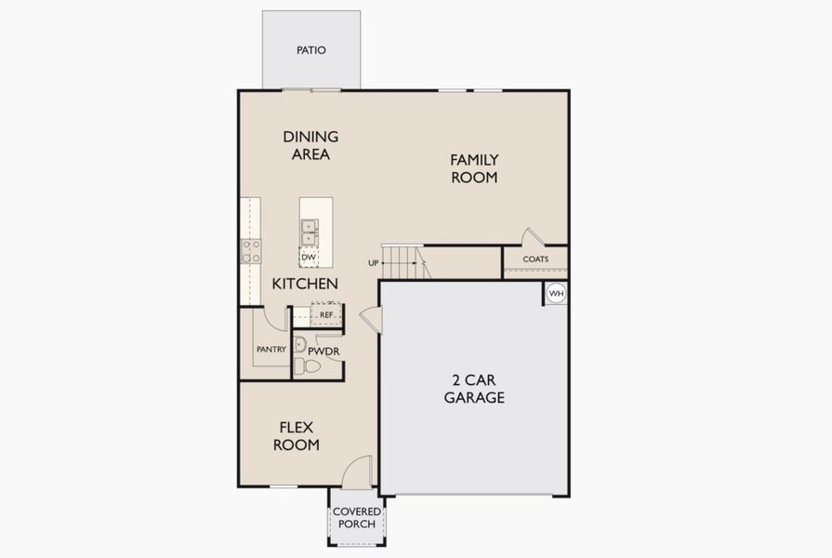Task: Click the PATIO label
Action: (x=311, y=50)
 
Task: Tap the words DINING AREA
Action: (x=310, y=145)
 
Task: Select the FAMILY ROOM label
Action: (x=474, y=168)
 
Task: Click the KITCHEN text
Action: (x=305, y=284)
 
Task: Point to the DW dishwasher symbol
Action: (x=309, y=256)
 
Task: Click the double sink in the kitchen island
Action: (x=309, y=231)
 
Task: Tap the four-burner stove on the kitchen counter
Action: (x=251, y=251)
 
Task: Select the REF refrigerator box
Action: (x=326, y=315)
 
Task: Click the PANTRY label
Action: (x=271, y=350)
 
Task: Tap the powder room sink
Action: (x=300, y=344)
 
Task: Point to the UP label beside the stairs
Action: (x=374, y=263)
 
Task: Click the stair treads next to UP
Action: (x=403, y=262)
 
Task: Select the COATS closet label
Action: (x=535, y=259)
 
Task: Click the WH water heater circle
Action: (x=556, y=294)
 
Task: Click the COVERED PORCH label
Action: (x=357, y=518)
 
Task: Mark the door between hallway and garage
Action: (x=372, y=319)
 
